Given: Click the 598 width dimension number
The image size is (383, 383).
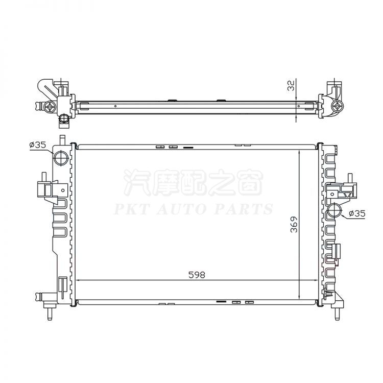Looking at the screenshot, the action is pyautogui.click(x=197, y=275).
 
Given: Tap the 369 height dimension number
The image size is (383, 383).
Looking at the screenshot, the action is pyautogui.click(x=294, y=224).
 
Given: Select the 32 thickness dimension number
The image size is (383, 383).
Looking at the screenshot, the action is pyautogui.click(x=292, y=86).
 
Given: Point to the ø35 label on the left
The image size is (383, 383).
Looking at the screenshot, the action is pyautogui.click(x=37, y=145).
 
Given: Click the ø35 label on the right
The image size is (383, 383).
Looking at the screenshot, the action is pyautogui.click(x=357, y=213).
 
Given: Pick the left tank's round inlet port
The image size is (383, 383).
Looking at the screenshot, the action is pyautogui.click(x=61, y=158).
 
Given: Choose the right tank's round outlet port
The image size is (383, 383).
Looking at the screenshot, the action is pyautogui.click(x=335, y=211).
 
